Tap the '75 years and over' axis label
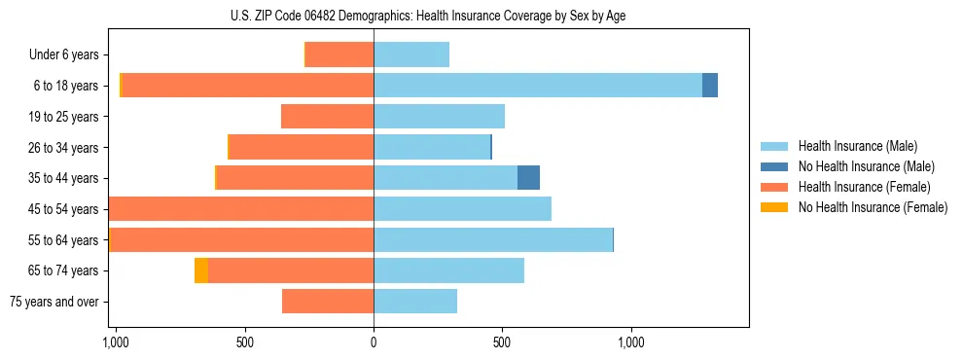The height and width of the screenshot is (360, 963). tap(54, 302)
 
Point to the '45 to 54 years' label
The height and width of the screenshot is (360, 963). tap(64, 209)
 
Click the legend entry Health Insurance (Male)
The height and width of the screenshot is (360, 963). tap(857, 146)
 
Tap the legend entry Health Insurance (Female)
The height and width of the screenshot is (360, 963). tap(864, 187)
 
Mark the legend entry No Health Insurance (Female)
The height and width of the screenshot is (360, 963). tap(873, 207)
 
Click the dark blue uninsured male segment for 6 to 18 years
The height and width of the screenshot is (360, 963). tap(710, 86)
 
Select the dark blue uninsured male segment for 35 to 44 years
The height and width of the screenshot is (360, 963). tap(528, 178)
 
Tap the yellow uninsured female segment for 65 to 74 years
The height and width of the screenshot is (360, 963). tap(201, 270)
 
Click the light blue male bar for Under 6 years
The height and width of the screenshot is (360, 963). tap(411, 54)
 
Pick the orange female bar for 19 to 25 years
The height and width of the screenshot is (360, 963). tap(327, 117)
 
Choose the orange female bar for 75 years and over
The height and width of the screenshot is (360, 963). tap(328, 302)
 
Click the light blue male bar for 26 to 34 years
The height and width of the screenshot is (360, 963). tap(432, 147)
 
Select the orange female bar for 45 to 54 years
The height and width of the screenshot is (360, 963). tap(241, 209)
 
